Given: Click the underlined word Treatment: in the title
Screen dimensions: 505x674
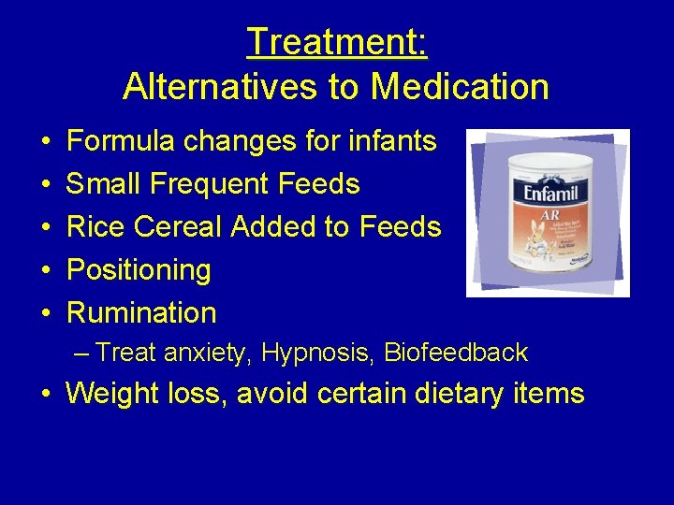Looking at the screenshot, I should pyautogui.click(x=336, y=42).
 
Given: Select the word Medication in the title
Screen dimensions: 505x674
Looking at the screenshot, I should pyautogui.click(x=460, y=87).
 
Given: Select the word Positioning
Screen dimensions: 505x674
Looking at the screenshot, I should pyautogui.click(x=139, y=270).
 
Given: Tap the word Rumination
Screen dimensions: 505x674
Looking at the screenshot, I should pyautogui.click(x=141, y=313).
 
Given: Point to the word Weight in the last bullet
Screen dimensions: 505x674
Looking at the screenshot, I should pyautogui.click(x=111, y=394).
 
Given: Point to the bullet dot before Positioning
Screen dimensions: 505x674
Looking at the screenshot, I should pyautogui.click(x=45, y=271).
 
